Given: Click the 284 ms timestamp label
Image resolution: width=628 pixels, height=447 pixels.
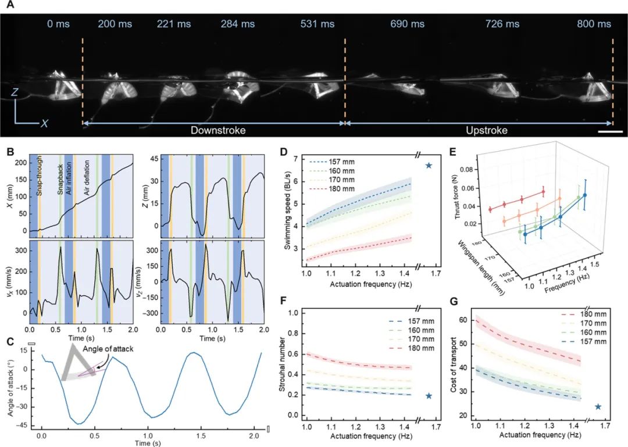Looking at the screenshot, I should coord(237,24).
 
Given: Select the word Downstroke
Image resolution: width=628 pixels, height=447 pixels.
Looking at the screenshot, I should coord(218,131).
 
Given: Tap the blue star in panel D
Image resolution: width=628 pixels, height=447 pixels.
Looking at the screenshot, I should coord(429,166).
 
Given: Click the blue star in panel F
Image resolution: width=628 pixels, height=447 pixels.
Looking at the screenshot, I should coord(429,396).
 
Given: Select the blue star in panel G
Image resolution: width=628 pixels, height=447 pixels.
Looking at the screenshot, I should coord(598,407).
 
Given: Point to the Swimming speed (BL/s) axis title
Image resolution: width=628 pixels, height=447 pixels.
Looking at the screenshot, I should coord(288,215).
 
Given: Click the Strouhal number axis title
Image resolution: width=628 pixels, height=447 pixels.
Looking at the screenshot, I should coord(288,364).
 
